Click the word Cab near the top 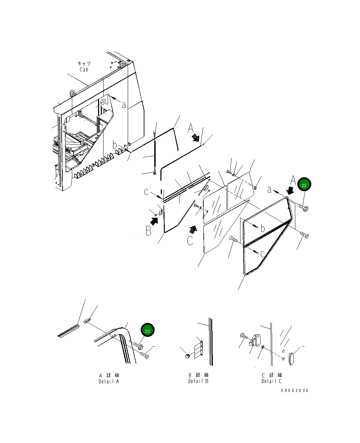coord(84,69)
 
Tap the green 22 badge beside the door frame coord(304,184)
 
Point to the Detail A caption coord(109,381)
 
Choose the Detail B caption coord(198,381)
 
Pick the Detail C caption coord(271,381)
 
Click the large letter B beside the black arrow coord(148,231)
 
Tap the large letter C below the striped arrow coord(190,241)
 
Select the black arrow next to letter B coord(154,221)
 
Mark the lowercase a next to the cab coord(124,105)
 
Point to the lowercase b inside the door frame coord(263,228)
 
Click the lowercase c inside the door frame coord(263,254)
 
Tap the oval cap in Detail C coord(291,359)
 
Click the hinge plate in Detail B coord(199,350)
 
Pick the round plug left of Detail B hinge coord(187,357)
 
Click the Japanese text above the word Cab coord(84,63)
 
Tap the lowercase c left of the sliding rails coord(146,192)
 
